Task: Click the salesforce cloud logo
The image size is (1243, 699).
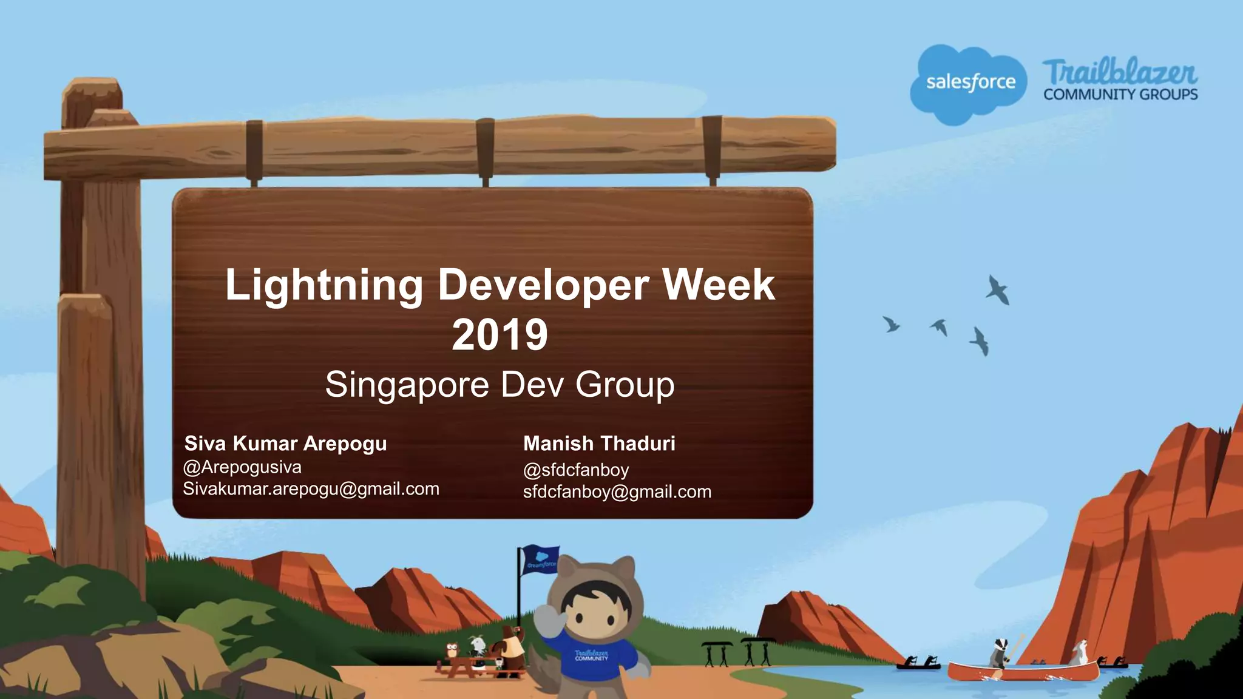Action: [x=969, y=83]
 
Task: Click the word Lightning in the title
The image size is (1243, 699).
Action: [x=324, y=285]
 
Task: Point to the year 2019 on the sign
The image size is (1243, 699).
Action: [x=500, y=335]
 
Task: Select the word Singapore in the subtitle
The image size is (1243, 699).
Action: [x=407, y=385]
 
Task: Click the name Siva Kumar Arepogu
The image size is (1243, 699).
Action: [x=285, y=444]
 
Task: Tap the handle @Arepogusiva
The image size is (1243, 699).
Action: [x=242, y=467]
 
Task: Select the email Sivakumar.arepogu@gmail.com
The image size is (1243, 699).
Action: [x=311, y=489]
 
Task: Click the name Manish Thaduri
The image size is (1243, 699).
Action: [x=599, y=444]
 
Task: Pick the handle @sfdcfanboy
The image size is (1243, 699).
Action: [x=576, y=470]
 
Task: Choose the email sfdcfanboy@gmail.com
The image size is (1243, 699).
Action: [x=617, y=492]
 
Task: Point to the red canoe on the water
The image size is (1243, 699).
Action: [x=1023, y=671]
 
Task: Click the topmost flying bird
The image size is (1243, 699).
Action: [x=997, y=289]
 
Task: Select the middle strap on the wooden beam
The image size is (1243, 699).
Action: [x=485, y=148]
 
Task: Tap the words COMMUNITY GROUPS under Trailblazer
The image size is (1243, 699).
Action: [x=1120, y=95]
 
